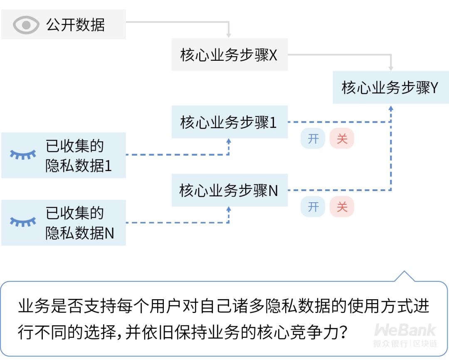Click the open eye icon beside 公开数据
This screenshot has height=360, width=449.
tap(26, 25)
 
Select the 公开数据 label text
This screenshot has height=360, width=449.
tap(76, 25)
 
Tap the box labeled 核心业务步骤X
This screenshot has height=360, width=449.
tap(229, 55)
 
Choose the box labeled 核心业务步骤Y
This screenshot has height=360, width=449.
tap(390, 87)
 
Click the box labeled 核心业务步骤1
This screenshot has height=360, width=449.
tap(229, 122)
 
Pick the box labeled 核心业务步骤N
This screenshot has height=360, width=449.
tap(229, 190)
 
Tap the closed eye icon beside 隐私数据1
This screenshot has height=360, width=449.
tap(23, 154)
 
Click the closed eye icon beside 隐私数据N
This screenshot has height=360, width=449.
tap(23, 221)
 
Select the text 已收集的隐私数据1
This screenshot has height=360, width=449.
tap(79, 156)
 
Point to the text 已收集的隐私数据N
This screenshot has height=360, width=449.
tap(79, 223)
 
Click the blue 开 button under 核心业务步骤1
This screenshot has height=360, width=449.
tap(313, 139)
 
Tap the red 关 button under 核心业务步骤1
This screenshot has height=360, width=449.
tap(342, 139)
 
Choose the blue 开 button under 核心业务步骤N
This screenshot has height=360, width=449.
tap(313, 207)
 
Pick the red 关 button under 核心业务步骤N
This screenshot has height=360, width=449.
tap(342, 207)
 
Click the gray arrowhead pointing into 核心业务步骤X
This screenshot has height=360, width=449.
tap(229, 35)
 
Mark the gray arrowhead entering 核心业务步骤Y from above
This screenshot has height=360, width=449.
tap(390, 68)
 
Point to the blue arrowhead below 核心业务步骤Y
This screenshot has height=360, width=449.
tap(390, 109)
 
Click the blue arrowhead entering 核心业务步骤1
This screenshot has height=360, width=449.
tap(229, 141)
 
